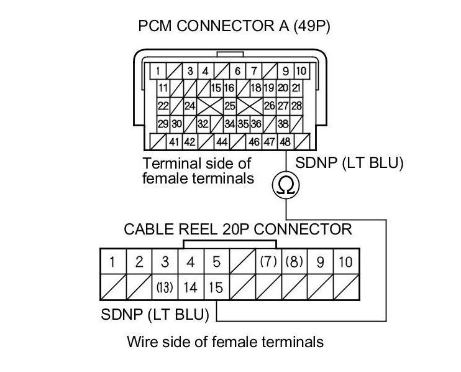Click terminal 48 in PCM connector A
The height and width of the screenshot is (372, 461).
point(285,142)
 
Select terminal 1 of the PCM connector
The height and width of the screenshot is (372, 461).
point(160,71)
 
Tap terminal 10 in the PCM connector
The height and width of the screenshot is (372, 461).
point(301,71)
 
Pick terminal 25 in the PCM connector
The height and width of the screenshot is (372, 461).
point(230,106)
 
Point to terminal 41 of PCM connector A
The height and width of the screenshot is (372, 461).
point(175,142)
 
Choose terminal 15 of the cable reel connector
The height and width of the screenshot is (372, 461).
point(216,289)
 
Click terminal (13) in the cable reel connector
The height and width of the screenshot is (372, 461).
point(164,289)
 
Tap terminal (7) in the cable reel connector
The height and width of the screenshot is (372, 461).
point(268,262)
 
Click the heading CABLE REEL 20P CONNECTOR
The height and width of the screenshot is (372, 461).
point(238,229)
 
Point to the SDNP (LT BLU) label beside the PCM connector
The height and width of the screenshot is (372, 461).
point(350,164)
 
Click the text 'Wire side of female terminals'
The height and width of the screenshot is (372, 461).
point(225,342)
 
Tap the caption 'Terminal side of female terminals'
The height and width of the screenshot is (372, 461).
point(198,171)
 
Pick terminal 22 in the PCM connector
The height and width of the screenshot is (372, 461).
point(163,106)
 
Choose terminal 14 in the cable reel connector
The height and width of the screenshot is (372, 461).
point(190,289)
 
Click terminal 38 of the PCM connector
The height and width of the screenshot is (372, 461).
point(283,124)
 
